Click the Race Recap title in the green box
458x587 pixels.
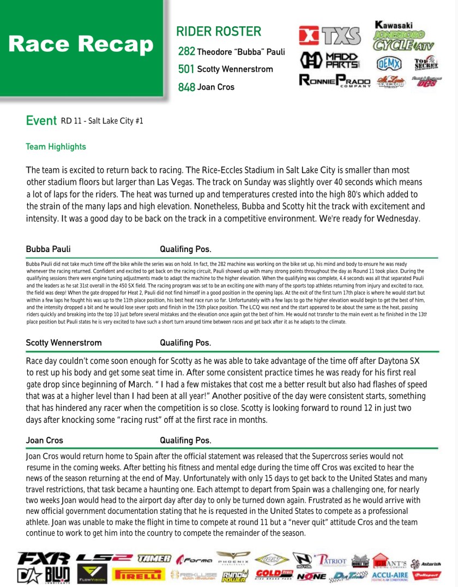[x=81, y=45]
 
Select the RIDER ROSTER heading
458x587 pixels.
[x=219, y=32]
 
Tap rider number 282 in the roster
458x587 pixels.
[x=186, y=52]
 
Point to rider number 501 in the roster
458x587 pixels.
[x=186, y=69]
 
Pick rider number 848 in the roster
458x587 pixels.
[x=186, y=87]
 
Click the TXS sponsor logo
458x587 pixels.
[x=330, y=36]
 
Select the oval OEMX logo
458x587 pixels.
[x=389, y=63]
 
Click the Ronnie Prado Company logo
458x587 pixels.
[x=335, y=81]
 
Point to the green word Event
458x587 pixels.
[x=41, y=121]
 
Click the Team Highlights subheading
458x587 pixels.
[x=56, y=147]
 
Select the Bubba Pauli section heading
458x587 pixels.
[x=48, y=249]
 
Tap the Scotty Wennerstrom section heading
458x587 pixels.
[x=63, y=343]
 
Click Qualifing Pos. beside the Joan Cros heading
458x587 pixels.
[x=185, y=440]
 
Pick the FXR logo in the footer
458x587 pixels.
[x=44, y=558]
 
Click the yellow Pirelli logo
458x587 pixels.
[x=138, y=574]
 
